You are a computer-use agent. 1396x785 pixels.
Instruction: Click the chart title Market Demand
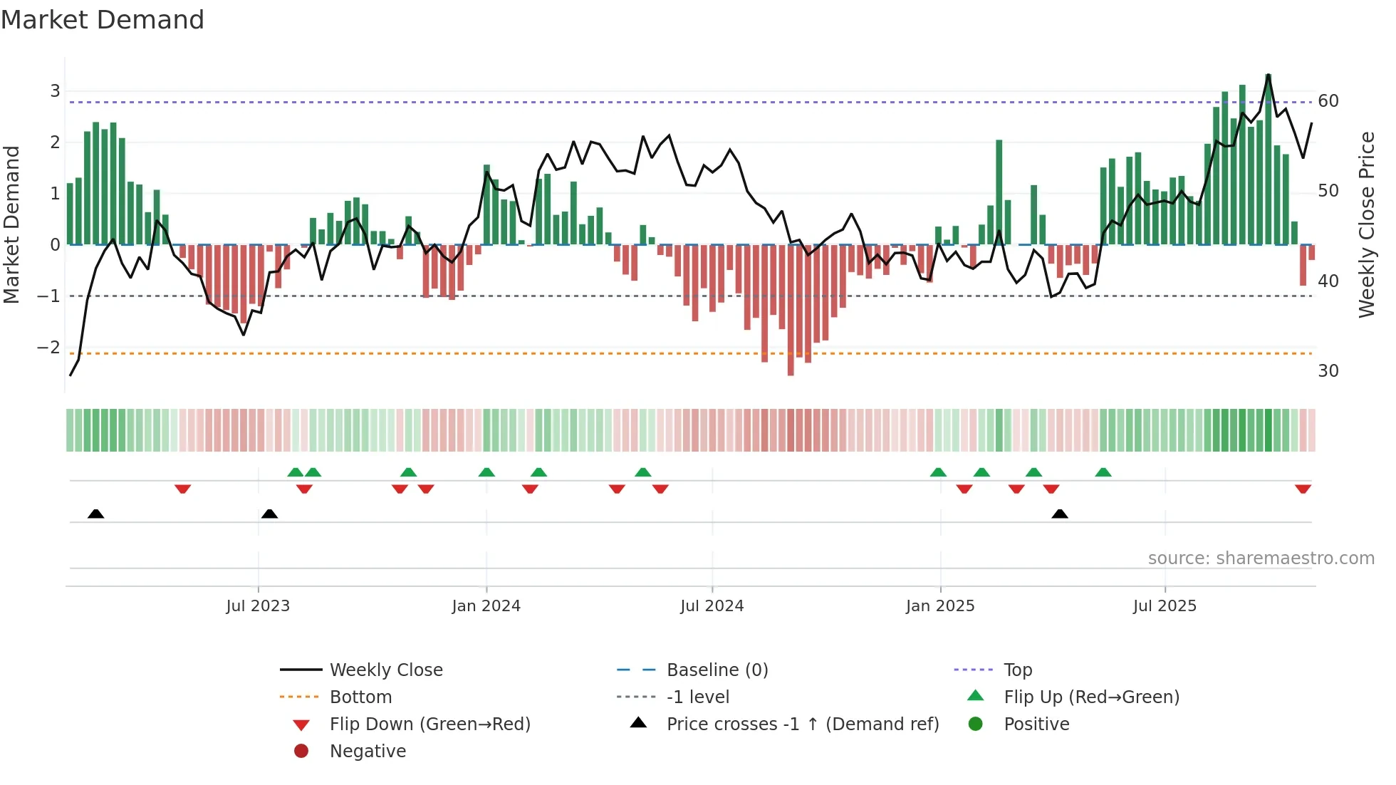pyautogui.click(x=103, y=20)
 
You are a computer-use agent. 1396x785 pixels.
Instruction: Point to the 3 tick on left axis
pyautogui.click(x=55, y=91)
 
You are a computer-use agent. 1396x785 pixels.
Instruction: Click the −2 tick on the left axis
pyautogui.click(x=49, y=348)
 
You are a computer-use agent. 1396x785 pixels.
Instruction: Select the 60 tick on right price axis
pyautogui.click(x=1328, y=101)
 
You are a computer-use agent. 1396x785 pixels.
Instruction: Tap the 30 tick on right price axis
pyautogui.click(x=1328, y=371)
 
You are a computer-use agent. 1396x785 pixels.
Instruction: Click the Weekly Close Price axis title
pyautogui.click(x=1366, y=224)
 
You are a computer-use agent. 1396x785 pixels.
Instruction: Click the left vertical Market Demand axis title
pyautogui.click(x=11, y=224)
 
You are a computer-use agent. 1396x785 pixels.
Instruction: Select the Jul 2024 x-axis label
pyautogui.click(x=712, y=606)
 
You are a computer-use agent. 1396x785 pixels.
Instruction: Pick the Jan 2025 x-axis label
pyautogui.click(x=940, y=606)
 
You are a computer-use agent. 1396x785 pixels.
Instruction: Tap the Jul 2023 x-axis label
pyautogui.click(x=258, y=606)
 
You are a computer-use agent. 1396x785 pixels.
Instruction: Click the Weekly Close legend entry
pyautogui.click(x=385, y=670)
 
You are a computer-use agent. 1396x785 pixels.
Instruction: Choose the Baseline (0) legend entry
pyautogui.click(x=717, y=670)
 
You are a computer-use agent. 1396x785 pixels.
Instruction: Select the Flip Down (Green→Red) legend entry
pyautogui.click(x=429, y=724)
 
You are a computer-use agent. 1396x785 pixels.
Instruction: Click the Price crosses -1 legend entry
pyautogui.click(x=802, y=724)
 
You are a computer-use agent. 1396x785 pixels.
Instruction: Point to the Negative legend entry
pyautogui.click(x=368, y=752)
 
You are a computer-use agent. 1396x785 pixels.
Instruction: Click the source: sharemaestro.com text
pyautogui.click(x=1261, y=558)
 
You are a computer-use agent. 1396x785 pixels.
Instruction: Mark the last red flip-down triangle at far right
pyautogui.click(x=1303, y=489)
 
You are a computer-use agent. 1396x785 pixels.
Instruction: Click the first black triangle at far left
pyautogui.click(x=95, y=514)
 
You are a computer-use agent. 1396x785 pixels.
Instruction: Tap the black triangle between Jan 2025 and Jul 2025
pyautogui.click(x=1060, y=514)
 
